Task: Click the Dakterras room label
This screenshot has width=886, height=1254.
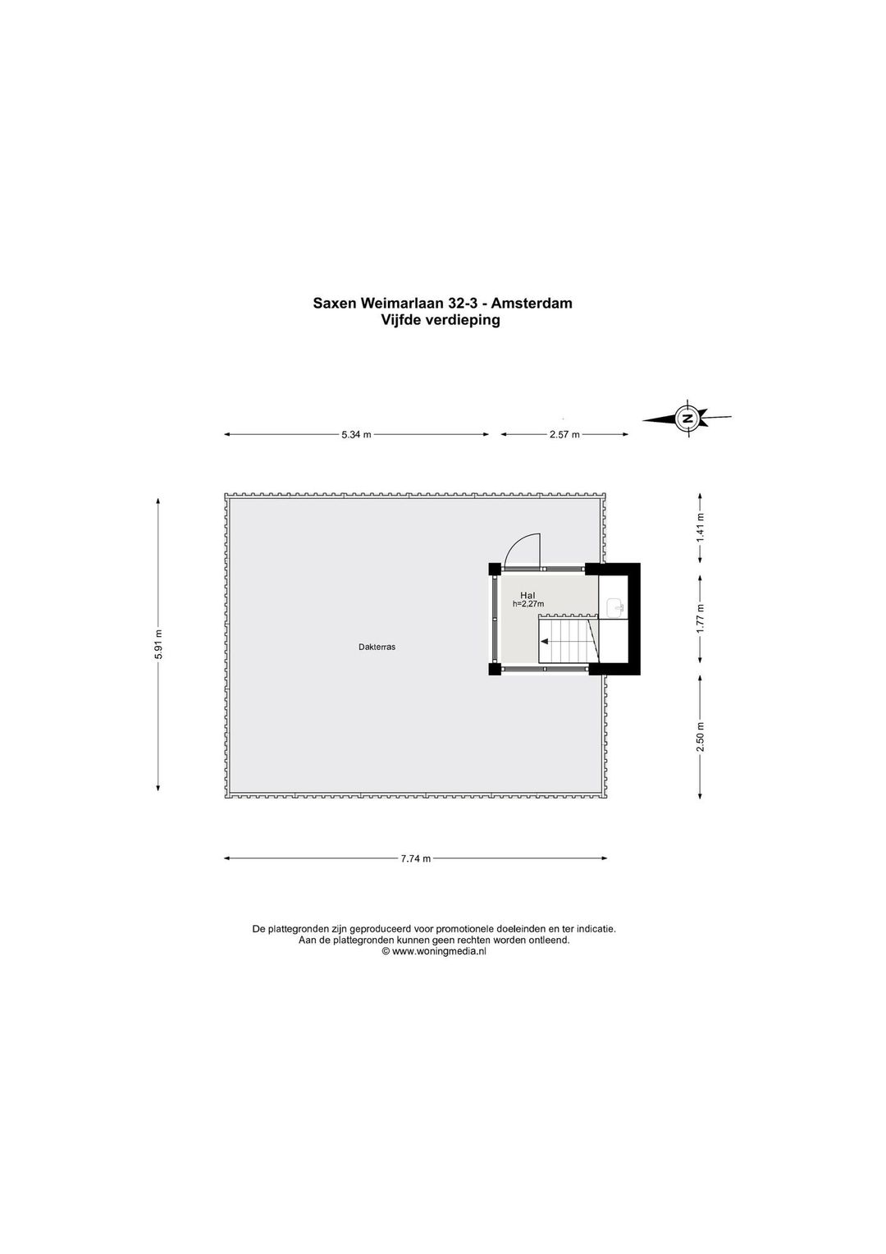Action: tap(377, 647)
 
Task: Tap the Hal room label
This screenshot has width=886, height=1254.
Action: tap(527, 595)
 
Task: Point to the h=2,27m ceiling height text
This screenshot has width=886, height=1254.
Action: tap(527, 604)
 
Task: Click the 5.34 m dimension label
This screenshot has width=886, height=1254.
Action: tap(357, 434)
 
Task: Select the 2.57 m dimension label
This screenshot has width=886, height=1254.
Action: tap(564, 434)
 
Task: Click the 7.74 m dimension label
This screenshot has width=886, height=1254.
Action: tap(416, 858)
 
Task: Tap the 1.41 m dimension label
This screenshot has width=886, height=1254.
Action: tap(700, 528)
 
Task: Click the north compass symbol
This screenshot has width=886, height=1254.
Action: tap(687, 419)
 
